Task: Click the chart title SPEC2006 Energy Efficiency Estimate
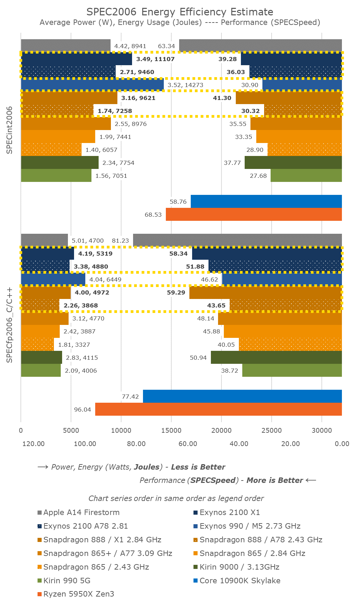click(180, 12)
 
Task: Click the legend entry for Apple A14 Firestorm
click(81, 512)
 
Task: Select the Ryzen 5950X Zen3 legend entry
click(78, 594)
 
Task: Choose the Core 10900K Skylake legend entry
click(240, 581)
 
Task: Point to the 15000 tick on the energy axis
click(171, 430)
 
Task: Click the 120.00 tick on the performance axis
click(33, 444)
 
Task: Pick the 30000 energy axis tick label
click(322, 430)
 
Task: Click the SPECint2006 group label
click(10, 130)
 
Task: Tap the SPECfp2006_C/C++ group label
click(10, 325)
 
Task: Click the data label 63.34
click(167, 46)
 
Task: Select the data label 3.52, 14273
click(186, 85)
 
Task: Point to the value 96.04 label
click(83, 410)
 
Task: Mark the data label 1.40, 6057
click(101, 150)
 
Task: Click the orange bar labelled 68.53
click(254, 214)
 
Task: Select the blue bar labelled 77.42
click(242, 396)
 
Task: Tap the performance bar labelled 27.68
click(306, 176)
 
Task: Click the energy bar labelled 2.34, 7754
click(60, 162)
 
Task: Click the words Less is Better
click(198, 467)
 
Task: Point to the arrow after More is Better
click(311, 480)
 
